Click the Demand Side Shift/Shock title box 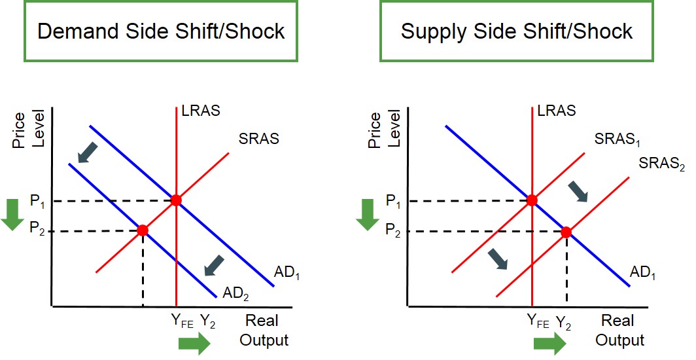(x=161, y=31)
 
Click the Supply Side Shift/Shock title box (x=517, y=31)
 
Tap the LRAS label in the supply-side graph (x=556, y=111)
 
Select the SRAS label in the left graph (x=259, y=139)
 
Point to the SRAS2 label (x=661, y=163)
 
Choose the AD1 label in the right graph (x=642, y=272)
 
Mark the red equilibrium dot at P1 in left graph (x=176, y=200)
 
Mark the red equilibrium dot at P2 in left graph (x=143, y=230)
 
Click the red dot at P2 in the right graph (x=566, y=232)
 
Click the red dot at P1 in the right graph (x=532, y=200)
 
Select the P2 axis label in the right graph (x=393, y=230)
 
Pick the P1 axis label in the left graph (x=38, y=200)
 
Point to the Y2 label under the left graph (x=209, y=321)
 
